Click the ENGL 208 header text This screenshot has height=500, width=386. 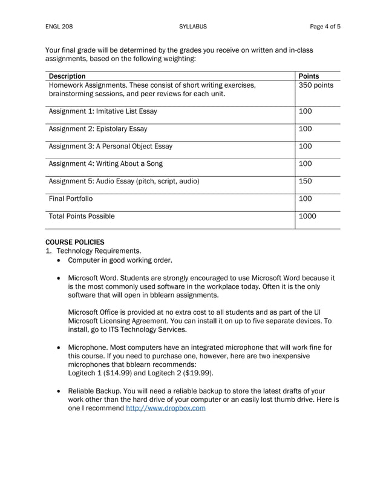[x=59, y=27]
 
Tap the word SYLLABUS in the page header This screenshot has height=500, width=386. [x=193, y=27]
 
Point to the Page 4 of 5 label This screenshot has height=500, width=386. [x=325, y=27]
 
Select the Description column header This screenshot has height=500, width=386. [x=67, y=76]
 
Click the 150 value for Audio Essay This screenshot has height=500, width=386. [x=306, y=181]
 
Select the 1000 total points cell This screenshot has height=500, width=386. [x=307, y=215]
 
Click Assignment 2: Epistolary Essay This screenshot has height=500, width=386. [x=97, y=129]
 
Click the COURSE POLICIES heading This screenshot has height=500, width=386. [x=75, y=242]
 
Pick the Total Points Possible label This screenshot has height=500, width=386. [x=81, y=215]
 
